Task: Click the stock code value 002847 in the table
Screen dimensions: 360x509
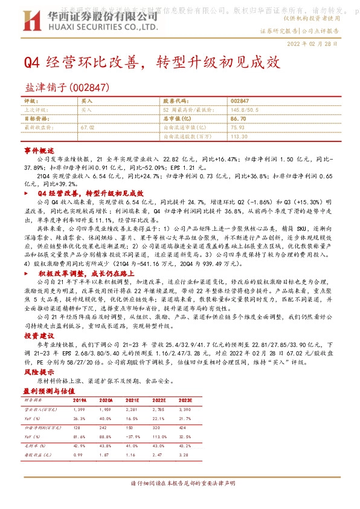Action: (x=240, y=100)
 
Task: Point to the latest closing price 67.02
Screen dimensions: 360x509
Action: (x=88, y=128)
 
